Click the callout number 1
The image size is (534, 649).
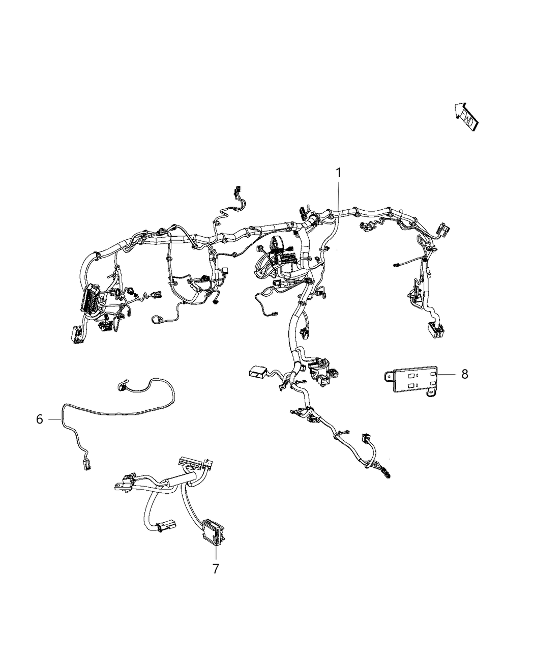338,173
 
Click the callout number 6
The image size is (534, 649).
40,419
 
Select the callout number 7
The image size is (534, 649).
216,569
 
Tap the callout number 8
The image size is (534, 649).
464,374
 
